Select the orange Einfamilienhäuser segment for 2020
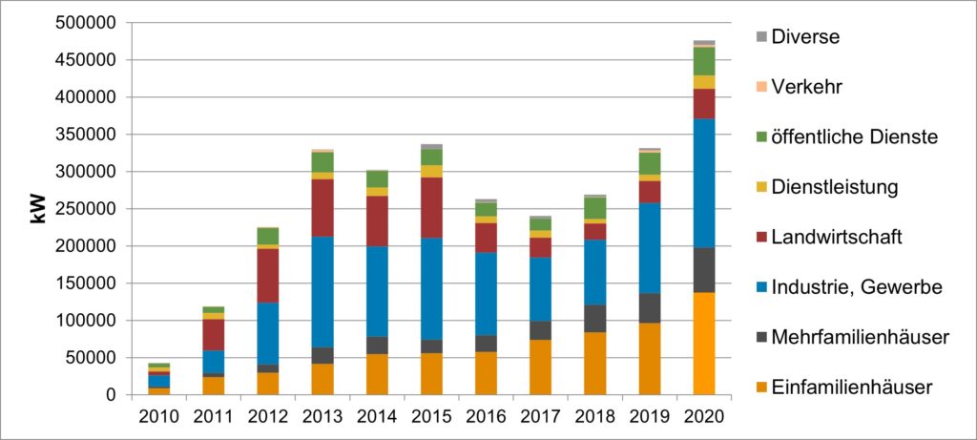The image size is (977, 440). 704,344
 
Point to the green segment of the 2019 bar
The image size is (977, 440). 650,163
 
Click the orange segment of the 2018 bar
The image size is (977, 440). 595,364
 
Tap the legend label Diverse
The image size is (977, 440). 805,37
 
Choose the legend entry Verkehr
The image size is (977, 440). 806,87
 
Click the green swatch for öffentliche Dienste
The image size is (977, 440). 760,136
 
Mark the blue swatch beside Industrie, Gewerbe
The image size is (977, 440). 760,286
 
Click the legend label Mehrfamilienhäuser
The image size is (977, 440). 860,336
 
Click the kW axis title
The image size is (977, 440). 39,209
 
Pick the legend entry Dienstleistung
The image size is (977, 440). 835,187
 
